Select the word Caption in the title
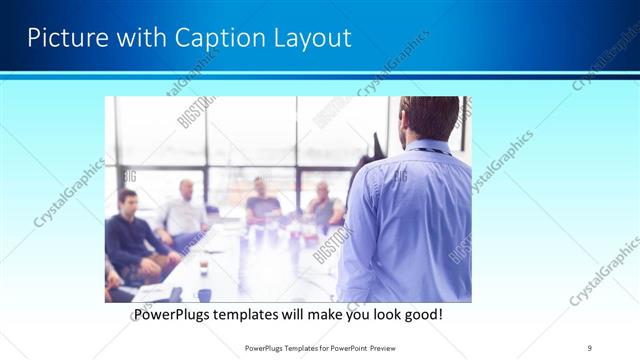point(213,38)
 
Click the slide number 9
point(589,347)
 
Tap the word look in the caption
point(380,314)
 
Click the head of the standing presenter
point(420,118)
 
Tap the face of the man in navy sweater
point(127,201)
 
